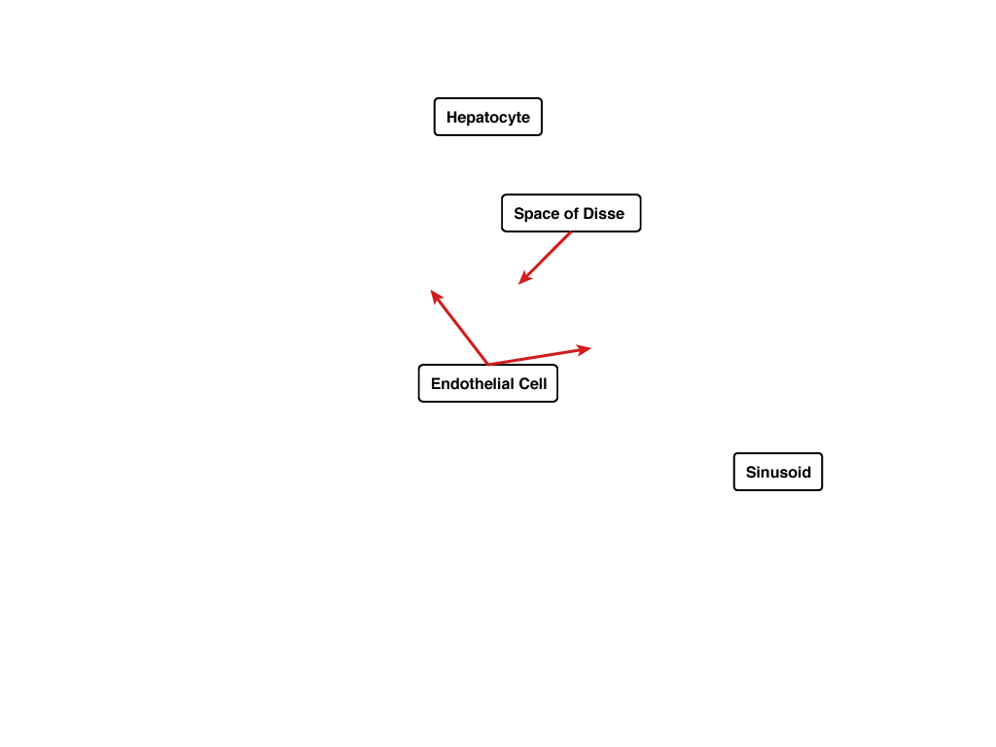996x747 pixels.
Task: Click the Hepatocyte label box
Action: coord(488,117)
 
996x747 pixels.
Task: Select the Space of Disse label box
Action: coord(571,213)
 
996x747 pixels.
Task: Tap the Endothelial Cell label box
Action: coord(488,383)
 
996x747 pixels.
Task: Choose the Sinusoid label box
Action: coord(778,472)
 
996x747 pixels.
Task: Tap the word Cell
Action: coord(533,383)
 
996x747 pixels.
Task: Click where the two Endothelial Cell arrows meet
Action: coord(488,365)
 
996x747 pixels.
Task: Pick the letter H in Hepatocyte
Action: coord(451,118)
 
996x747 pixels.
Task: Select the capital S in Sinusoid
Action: coord(752,472)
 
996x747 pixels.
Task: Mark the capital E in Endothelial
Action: coord(436,383)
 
